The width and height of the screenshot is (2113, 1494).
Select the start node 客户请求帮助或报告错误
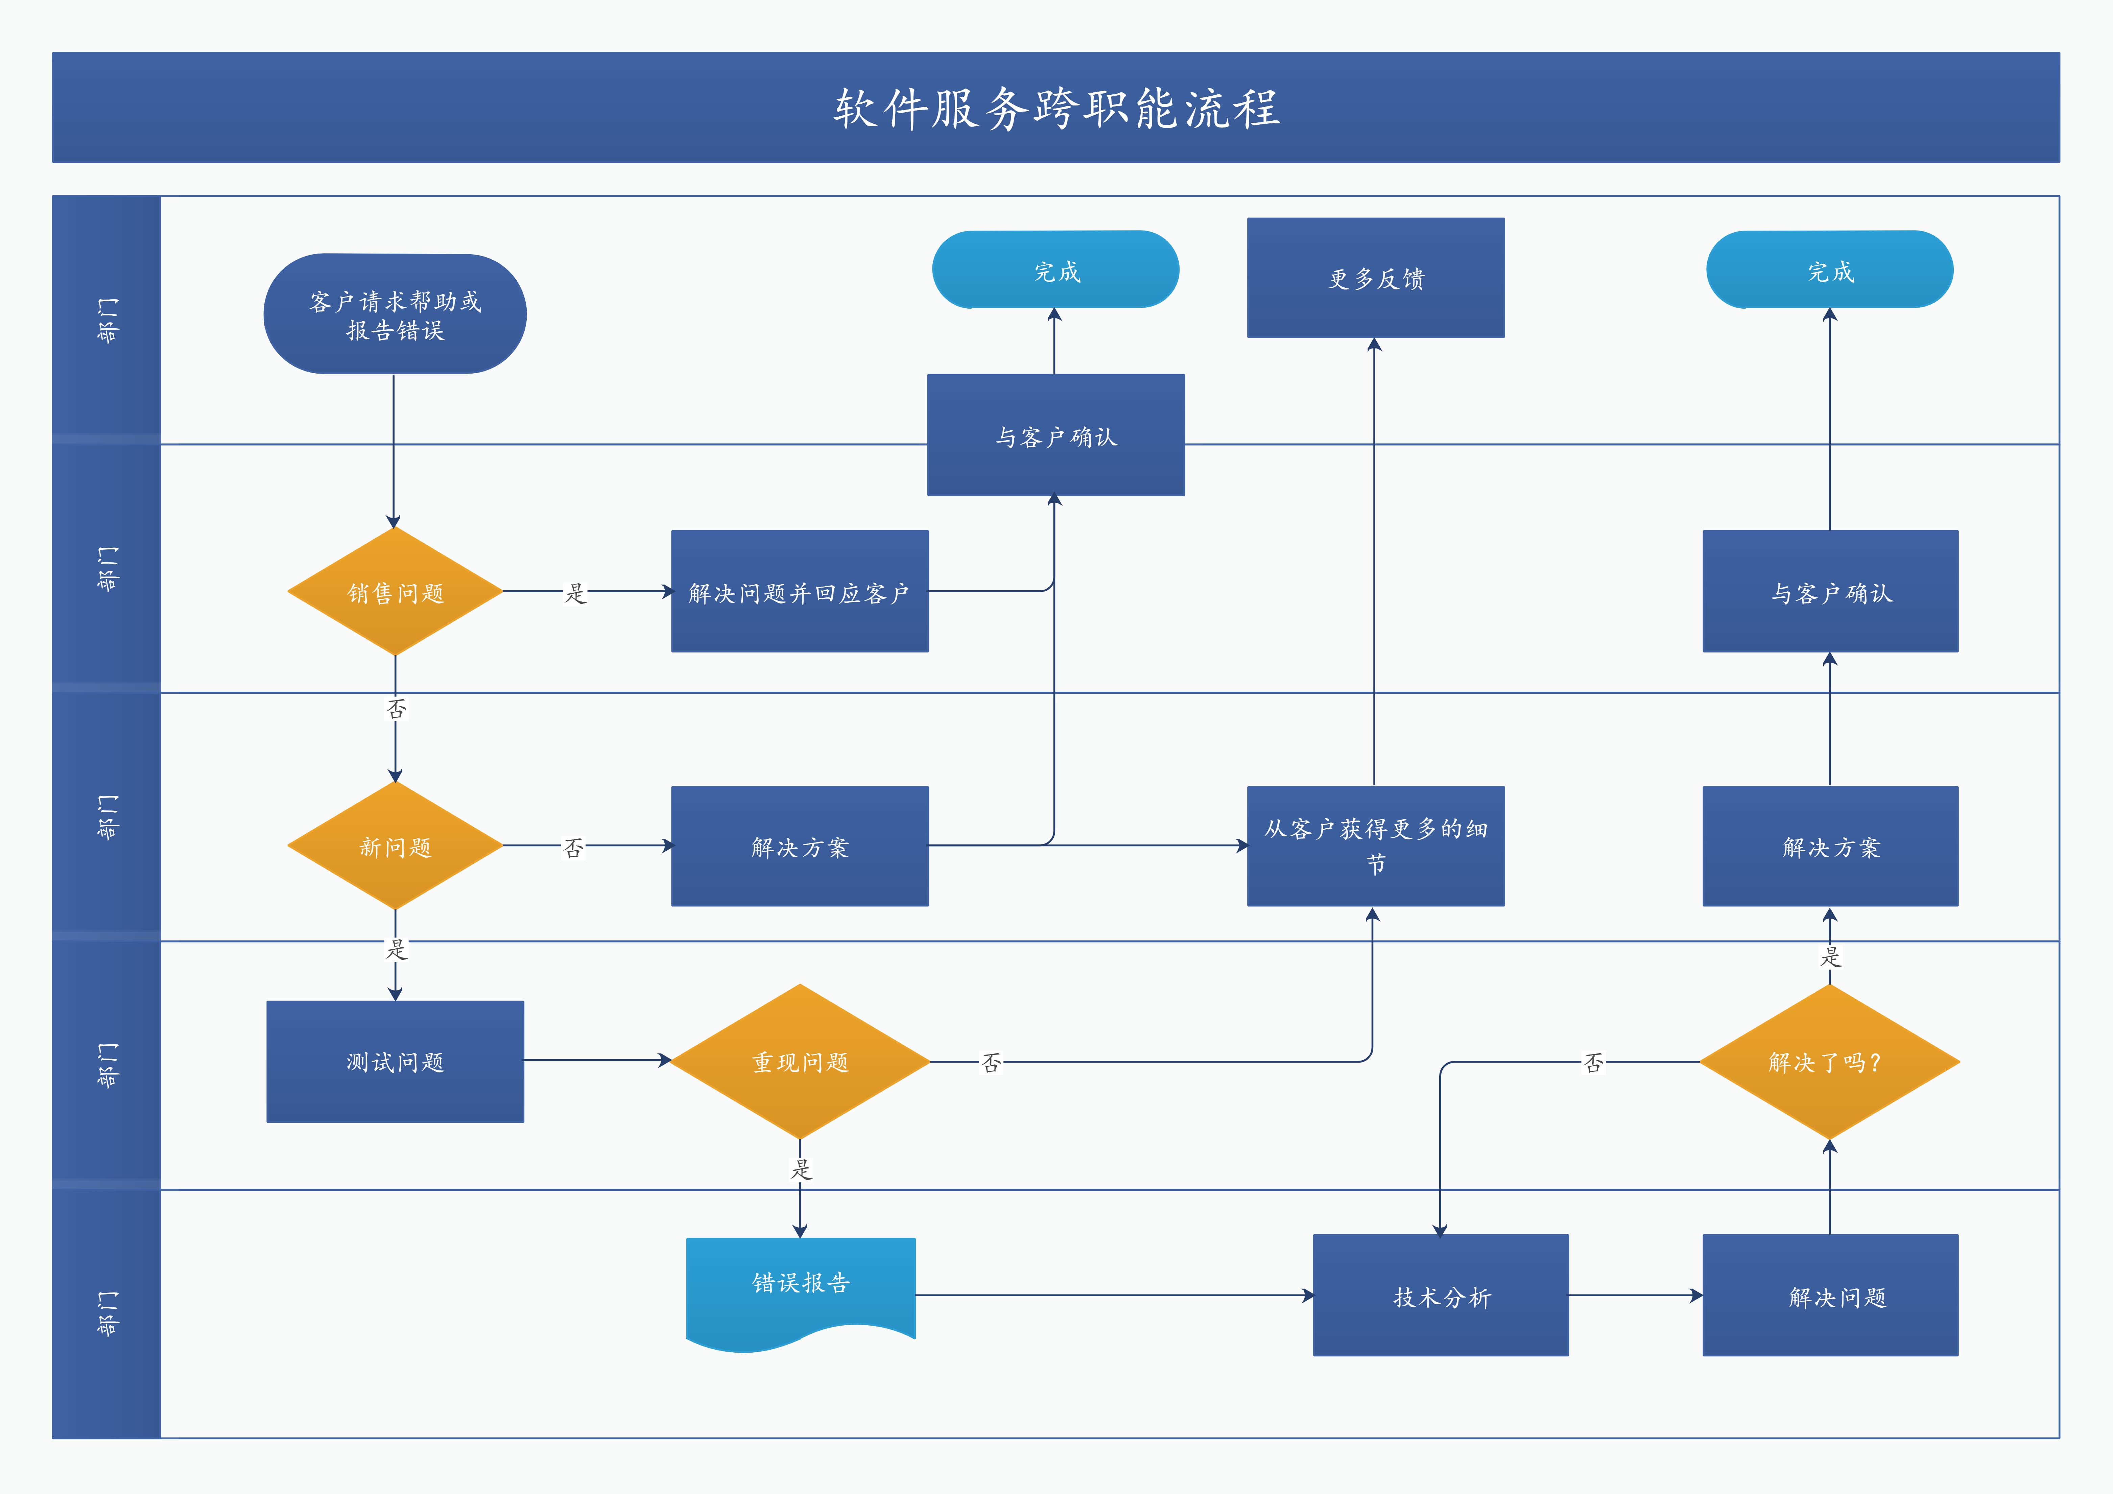(x=395, y=314)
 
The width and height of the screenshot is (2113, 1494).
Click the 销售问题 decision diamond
(x=395, y=592)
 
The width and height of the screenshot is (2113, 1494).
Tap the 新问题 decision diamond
(x=395, y=846)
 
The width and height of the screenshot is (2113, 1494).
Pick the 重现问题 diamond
(x=800, y=1061)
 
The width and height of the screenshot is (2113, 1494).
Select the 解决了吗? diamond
(x=1829, y=1061)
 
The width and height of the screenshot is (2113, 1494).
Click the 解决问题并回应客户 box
(x=800, y=592)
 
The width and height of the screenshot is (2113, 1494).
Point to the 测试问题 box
(x=395, y=1061)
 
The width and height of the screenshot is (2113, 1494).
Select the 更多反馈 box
(x=1375, y=278)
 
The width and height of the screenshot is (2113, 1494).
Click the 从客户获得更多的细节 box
(x=1375, y=846)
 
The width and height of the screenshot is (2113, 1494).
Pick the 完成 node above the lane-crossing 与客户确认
(x=1055, y=270)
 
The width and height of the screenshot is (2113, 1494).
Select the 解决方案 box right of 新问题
(x=800, y=846)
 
